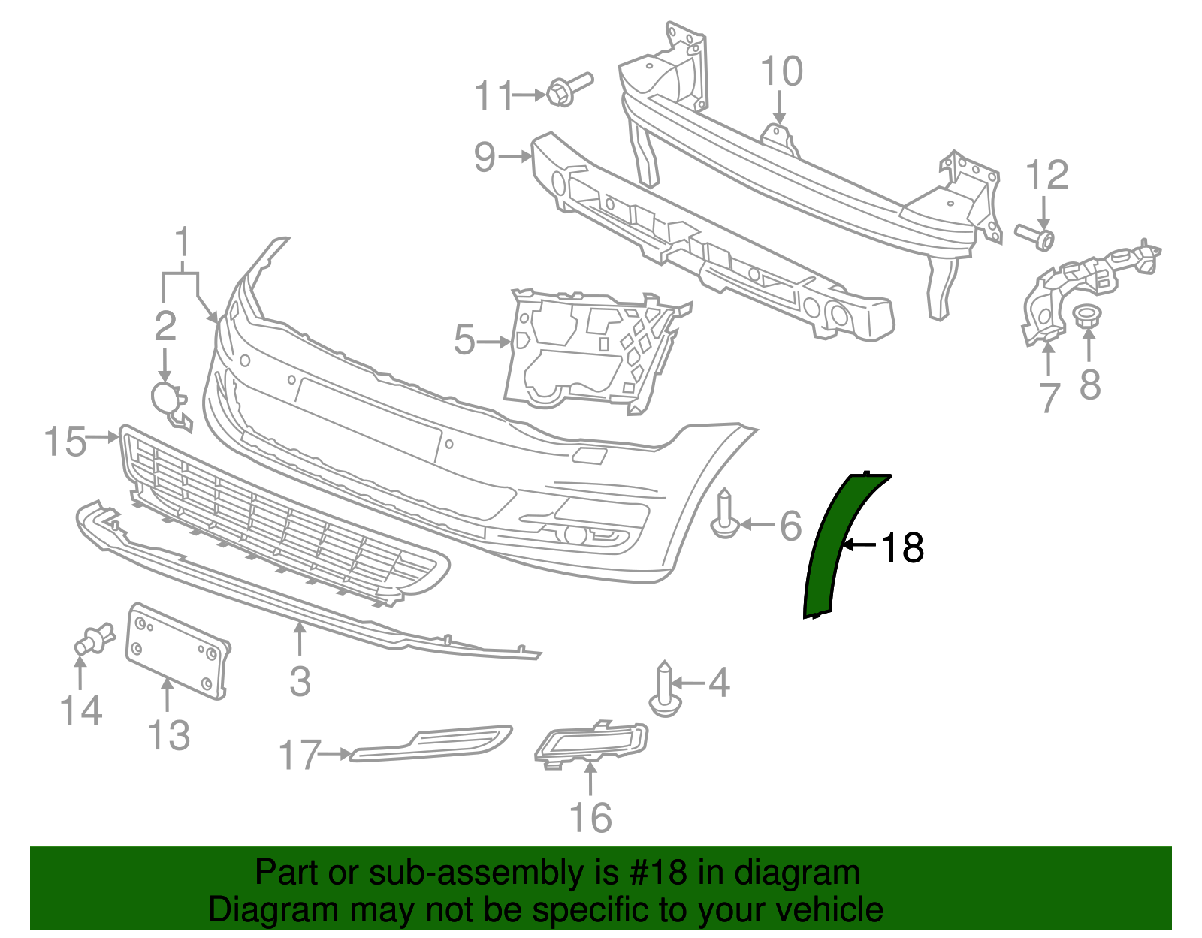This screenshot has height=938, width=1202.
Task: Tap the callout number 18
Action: pos(902,547)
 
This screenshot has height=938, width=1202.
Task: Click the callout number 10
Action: pos(781,72)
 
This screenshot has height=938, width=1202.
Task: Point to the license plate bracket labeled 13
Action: pos(177,650)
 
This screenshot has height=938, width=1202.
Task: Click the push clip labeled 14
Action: pos(94,639)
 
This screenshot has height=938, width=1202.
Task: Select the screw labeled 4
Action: pos(665,689)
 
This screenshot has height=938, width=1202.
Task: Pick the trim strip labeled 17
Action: pos(431,744)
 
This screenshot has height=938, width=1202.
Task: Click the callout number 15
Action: pos(65,441)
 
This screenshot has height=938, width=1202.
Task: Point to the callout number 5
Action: pos(465,340)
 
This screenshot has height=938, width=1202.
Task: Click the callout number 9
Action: pos(485,156)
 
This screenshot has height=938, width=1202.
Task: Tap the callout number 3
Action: pos(300,681)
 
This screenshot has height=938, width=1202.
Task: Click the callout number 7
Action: pos(1049,397)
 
